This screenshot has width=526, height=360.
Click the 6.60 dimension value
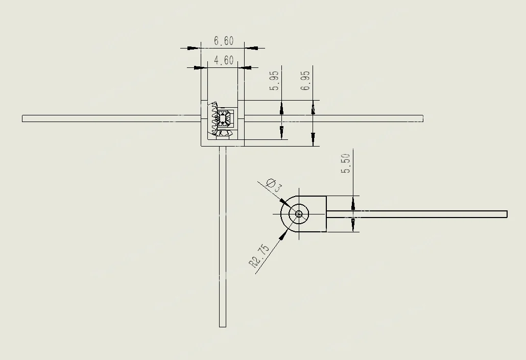[x=224, y=41]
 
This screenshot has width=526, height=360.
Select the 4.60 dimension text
[x=224, y=60]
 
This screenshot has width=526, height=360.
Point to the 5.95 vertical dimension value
[x=274, y=81]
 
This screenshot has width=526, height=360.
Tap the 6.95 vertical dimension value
[x=305, y=81]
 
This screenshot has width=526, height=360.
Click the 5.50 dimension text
[x=346, y=163]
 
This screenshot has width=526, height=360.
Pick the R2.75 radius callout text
[x=259, y=256]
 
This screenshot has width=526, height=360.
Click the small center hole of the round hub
[x=299, y=214]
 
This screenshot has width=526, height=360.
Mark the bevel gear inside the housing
[x=220, y=121]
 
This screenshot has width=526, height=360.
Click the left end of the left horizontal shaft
[x=22, y=118]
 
